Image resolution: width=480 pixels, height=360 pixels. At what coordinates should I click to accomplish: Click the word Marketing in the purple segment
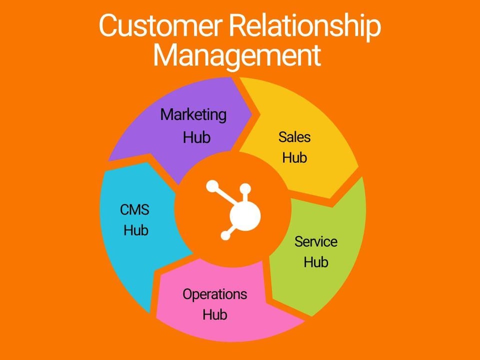tap(193, 115)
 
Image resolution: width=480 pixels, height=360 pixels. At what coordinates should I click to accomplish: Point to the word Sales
tap(294, 136)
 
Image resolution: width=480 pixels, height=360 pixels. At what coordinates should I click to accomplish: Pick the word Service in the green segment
tap(315, 241)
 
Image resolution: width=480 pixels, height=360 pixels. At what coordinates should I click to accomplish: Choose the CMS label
tap(135, 209)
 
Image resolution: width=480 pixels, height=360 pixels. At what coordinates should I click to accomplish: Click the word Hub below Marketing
tap(196, 137)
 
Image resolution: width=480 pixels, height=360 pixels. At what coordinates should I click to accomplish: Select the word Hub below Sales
tap(294, 157)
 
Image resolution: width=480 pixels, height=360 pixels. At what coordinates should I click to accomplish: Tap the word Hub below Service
tap(316, 261)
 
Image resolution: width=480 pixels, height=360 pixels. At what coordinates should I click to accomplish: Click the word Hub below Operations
tap(215, 314)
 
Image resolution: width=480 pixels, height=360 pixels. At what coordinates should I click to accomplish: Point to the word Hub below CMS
tap(136, 230)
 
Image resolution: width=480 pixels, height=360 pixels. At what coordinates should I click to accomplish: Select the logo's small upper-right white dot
tap(245, 188)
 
